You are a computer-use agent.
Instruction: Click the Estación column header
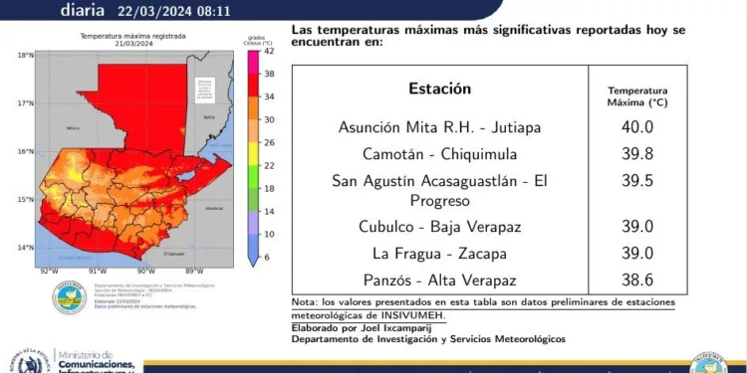(439, 89)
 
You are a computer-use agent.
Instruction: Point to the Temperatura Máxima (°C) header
(637, 95)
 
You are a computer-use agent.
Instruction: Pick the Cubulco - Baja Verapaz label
(439, 226)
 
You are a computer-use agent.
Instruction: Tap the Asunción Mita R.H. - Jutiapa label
(439, 127)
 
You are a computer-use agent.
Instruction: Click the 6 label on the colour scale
(266, 258)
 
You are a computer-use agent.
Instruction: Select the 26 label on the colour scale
(268, 142)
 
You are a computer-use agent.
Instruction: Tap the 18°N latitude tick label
(24, 56)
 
